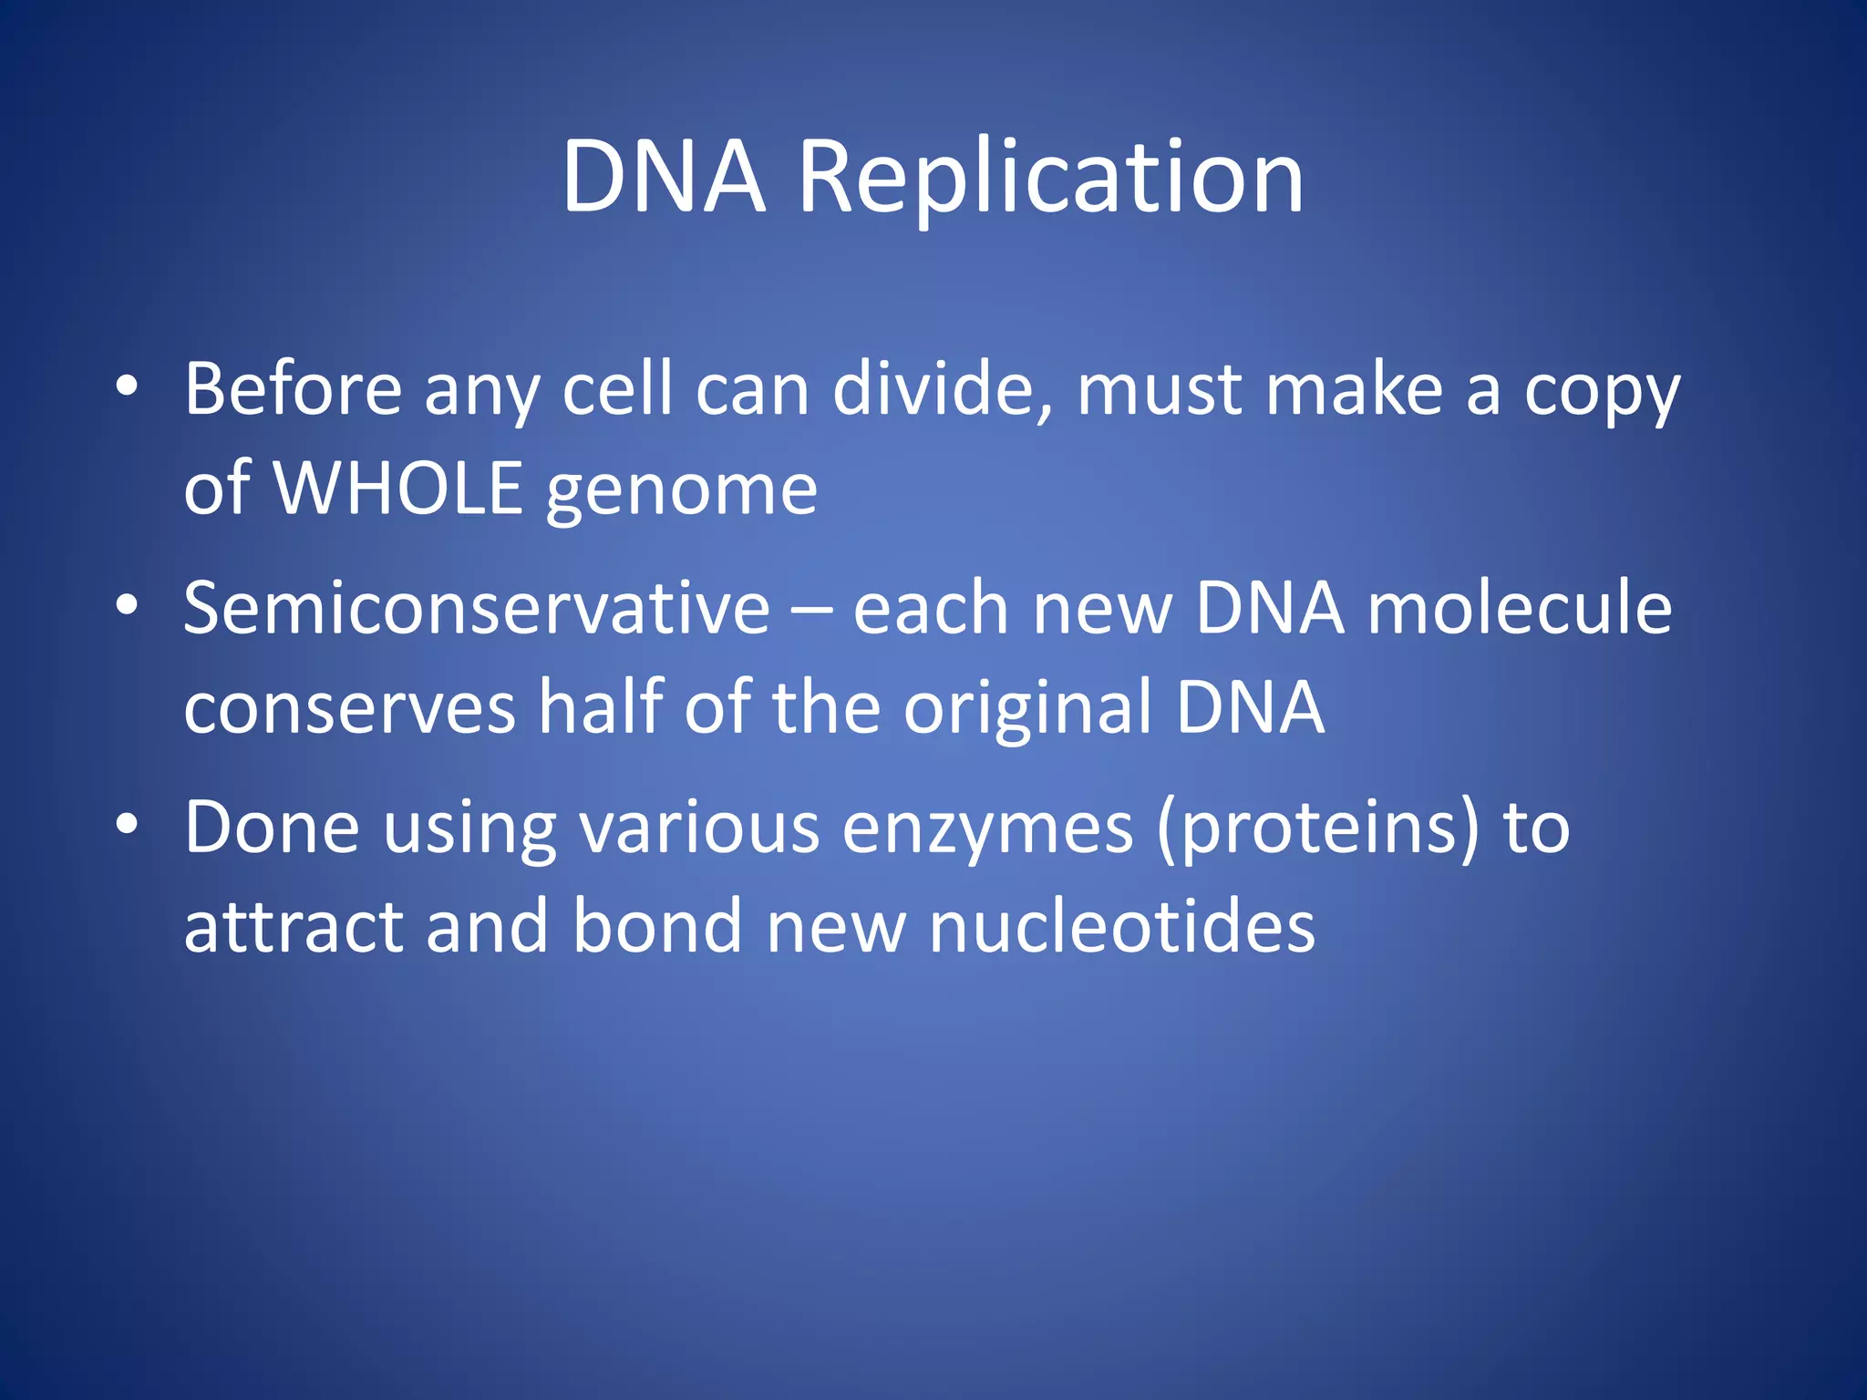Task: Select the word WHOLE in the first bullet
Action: pos(398,489)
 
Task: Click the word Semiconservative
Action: pos(477,608)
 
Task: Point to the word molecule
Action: pos(1520,608)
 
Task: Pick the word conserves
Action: pos(350,708)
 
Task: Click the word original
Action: pos(1027,708)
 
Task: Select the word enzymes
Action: pos(987,829)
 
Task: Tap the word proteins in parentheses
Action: pos(1318,829)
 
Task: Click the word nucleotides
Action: pos(1121,927)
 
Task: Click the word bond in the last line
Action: pos(657,927)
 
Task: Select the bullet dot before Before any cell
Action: pos(127,386)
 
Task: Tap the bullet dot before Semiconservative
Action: pos(127,605)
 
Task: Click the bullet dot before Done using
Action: pos(127,824)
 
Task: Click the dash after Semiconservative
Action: pos(811,610)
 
